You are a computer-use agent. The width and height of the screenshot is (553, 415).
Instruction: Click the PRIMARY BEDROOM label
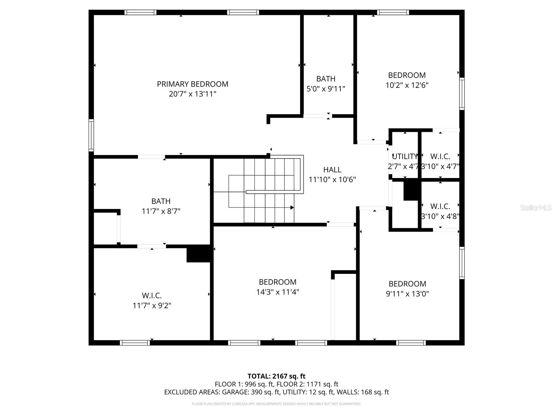[193, 84]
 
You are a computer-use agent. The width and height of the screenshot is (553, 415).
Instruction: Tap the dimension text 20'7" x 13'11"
[193, 94]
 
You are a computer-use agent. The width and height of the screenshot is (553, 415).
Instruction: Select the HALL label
[332, 169]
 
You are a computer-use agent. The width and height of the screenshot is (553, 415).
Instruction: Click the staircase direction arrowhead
[292, 207]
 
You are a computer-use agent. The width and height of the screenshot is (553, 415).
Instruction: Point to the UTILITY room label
[405, 156]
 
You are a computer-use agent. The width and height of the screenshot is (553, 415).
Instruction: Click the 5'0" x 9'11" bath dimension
[326, 89]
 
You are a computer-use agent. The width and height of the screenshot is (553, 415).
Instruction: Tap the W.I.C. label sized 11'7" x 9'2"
[152, 296]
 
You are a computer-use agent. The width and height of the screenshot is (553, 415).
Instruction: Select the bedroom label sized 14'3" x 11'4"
[278, 282]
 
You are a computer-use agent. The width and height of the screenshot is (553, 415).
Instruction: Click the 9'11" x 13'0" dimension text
[407, 294]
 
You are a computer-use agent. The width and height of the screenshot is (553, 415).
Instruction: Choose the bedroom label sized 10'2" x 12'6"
[407, 75]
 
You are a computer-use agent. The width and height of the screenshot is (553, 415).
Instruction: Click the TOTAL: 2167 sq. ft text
[276, 376]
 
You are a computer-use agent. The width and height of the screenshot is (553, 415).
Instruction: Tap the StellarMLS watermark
[536, 207]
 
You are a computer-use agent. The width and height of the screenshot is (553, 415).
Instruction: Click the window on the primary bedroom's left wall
[91, 135]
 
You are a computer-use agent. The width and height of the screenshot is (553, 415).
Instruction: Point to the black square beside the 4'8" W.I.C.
[411, 191]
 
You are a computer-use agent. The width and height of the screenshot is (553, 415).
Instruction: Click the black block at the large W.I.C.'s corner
[198, 254]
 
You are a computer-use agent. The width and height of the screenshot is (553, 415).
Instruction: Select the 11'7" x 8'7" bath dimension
[161, 211]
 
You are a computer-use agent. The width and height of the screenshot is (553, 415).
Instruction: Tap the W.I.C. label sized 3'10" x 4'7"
[440, 156]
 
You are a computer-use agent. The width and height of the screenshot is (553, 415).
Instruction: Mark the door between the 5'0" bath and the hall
[317, 116]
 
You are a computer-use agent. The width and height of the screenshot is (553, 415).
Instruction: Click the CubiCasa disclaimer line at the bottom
[276, 404]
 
